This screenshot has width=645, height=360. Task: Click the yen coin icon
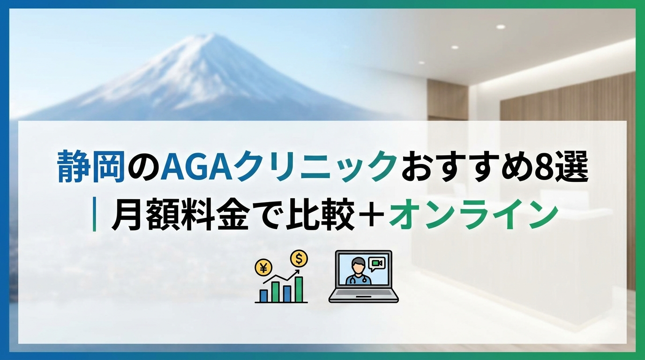(263, 268)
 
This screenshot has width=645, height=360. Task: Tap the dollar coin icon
(299, 258)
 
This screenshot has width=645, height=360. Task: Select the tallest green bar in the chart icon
(299, 289)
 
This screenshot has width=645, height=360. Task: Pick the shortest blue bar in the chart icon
(263, 295)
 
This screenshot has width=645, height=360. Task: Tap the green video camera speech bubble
(376, 264)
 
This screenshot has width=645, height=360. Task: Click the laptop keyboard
(363, 292)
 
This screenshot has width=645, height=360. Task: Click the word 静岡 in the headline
(91, 167)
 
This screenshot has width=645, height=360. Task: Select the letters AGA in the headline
(197, 167)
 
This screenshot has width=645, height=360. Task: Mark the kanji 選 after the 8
(571, 167)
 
